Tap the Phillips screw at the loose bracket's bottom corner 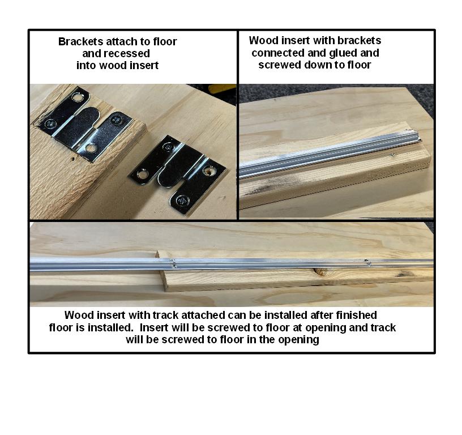[x=181, y=199]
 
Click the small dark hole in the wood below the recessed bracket [x=74, y=160]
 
